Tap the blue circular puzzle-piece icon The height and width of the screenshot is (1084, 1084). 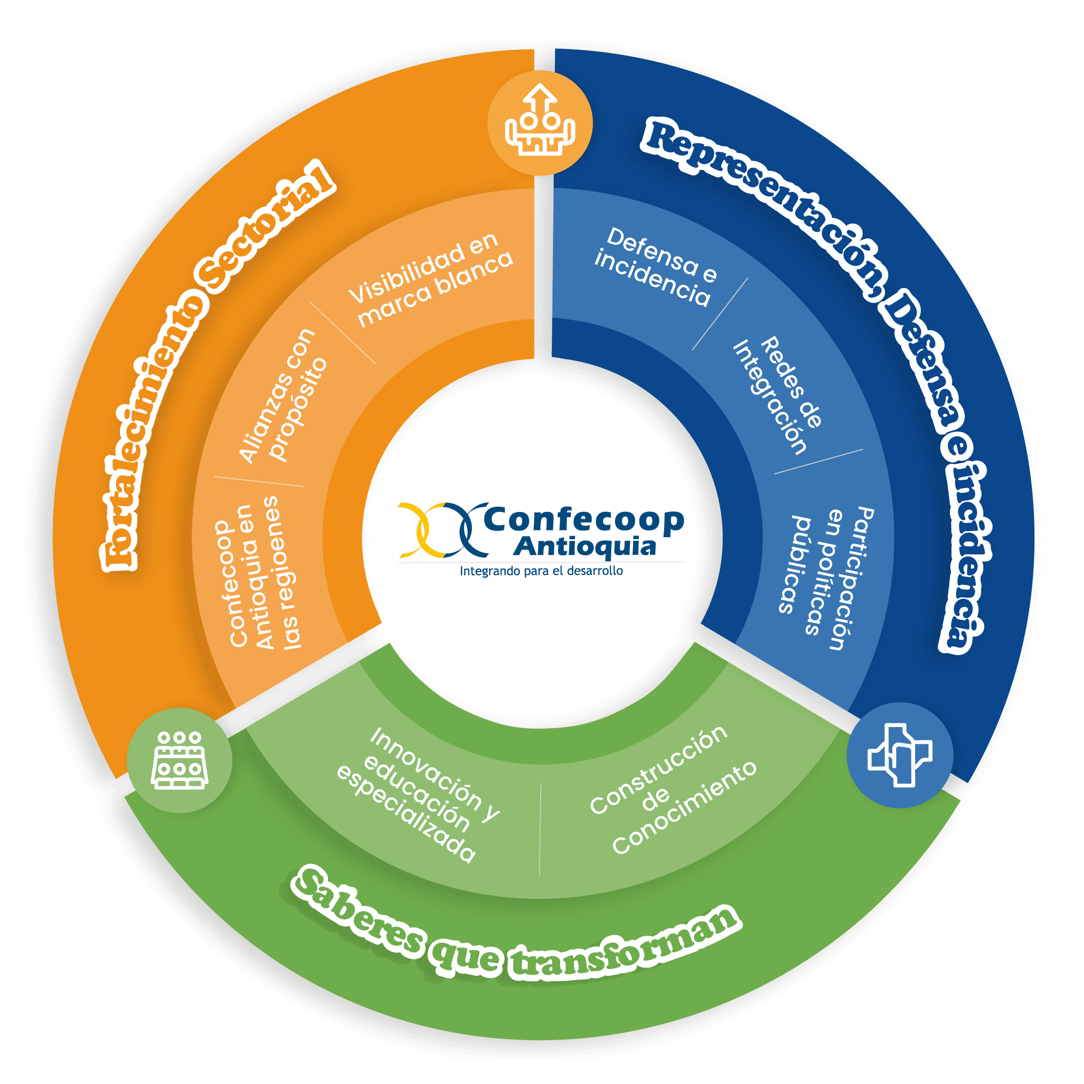click(899, 755)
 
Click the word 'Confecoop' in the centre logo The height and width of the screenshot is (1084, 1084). click(584, 521)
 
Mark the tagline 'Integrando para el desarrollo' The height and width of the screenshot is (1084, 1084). click(542, 572)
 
